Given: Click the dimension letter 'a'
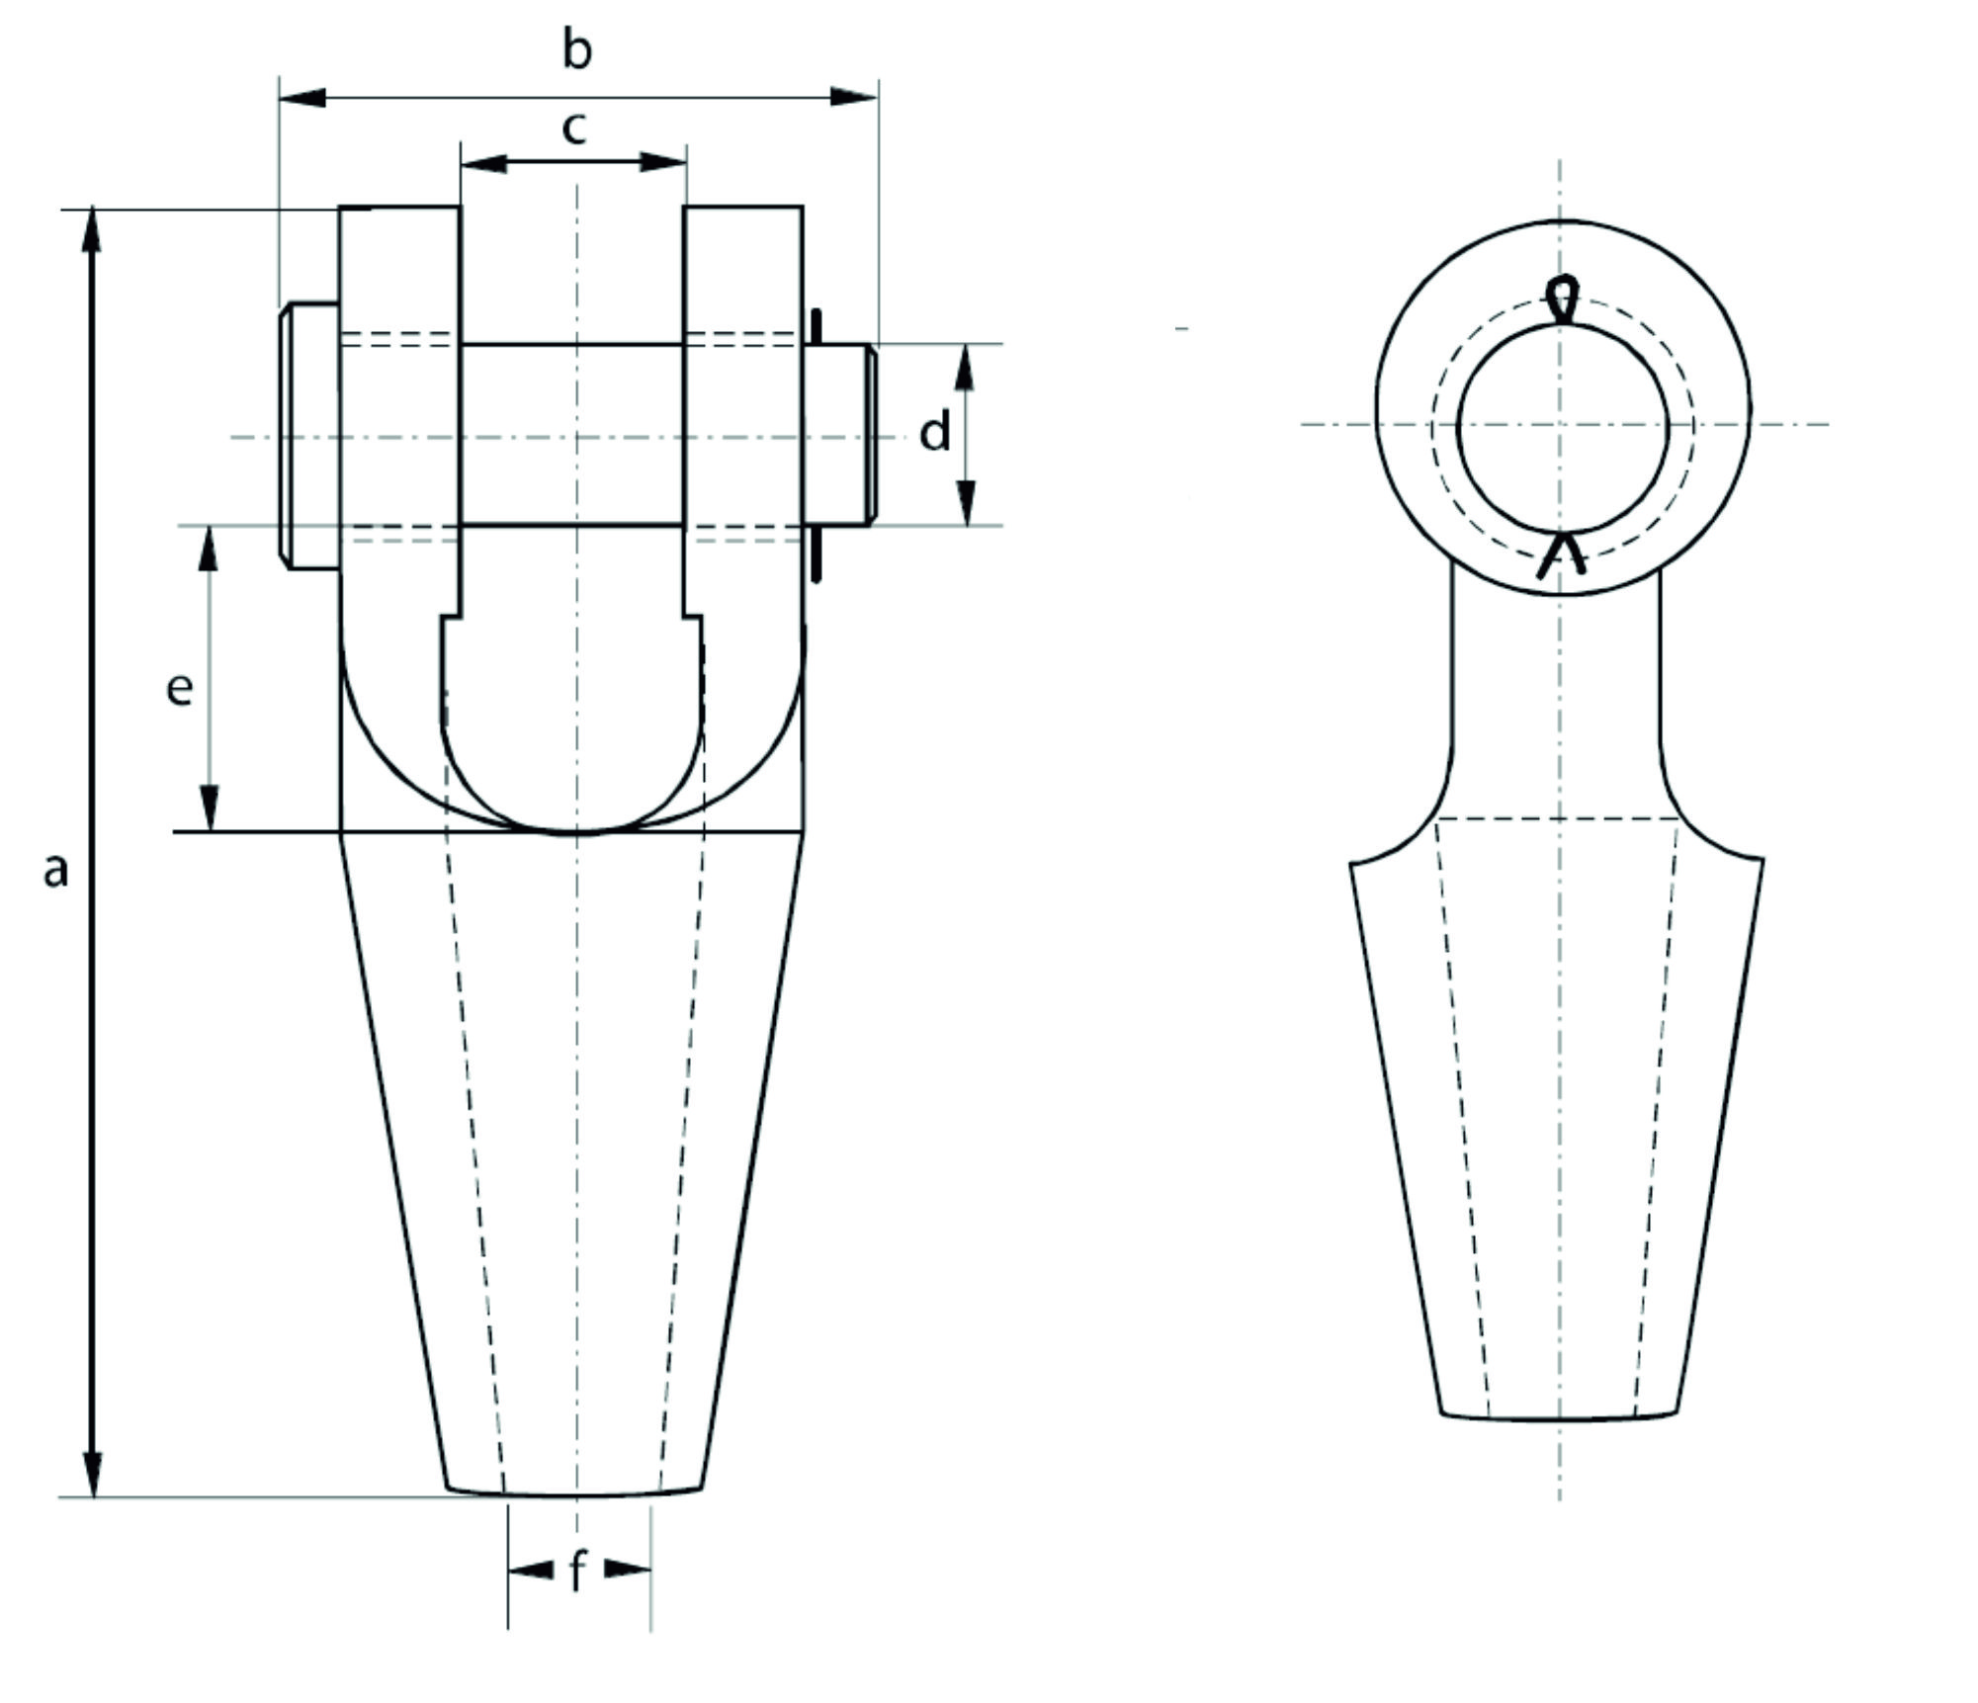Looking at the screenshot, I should [56, 871].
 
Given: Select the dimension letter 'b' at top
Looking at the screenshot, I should [577, 48].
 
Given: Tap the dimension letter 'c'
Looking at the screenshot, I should [574, 128].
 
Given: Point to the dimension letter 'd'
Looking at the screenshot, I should [934, 433].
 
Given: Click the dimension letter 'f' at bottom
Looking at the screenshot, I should [578, 1571].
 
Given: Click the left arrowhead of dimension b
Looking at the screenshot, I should [301, 98].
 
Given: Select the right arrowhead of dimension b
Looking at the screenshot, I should [853, 97].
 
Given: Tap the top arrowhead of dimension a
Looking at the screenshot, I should [92, 231].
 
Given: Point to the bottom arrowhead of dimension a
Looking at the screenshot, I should [92, 1473].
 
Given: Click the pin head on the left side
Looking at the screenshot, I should [309, 435].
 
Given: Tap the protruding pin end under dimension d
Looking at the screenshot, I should [840, 435].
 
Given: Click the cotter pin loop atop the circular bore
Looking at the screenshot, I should [1561, 298].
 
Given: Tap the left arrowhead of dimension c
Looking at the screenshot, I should [483, 163].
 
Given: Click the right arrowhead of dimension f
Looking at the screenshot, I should [626, 1569].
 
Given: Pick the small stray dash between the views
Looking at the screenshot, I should [1181, 327].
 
